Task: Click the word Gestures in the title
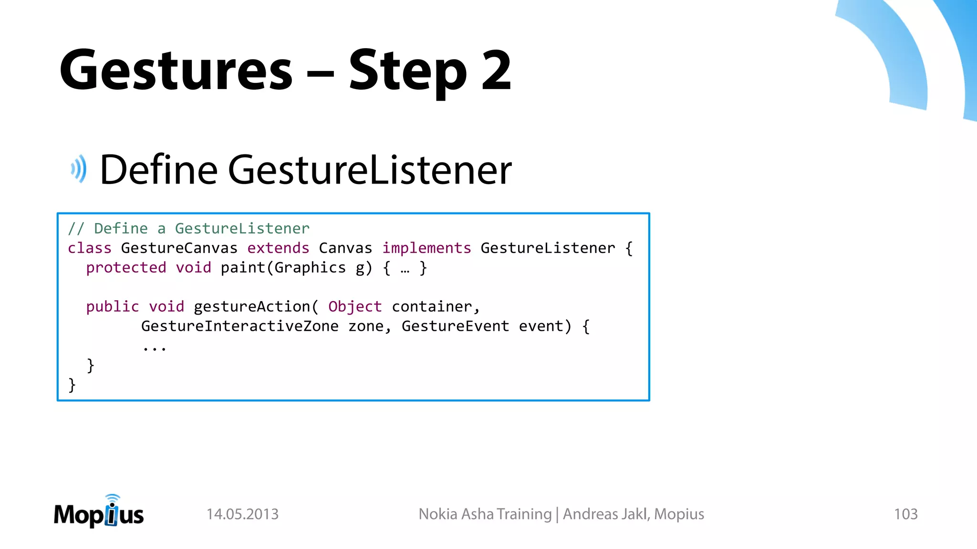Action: pos(176,71)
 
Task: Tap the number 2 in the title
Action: pos(496,71)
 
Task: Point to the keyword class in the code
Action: pos(89,248)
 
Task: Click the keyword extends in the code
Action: pos(278,248)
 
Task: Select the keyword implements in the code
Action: pos(426,248)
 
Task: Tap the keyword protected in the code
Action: pos(126,268)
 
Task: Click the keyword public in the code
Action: pos(112,306)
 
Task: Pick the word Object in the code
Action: pos(355,306)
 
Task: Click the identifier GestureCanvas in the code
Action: pos(179,248)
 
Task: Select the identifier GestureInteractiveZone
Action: pos(239,326)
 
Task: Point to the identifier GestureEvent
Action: pos(455,326)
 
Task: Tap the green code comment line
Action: pos(188,229)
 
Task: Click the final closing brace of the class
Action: pos(72,385)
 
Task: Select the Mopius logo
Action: pos(99,512)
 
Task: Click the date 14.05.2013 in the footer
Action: pos(242,514)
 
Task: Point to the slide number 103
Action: pos(905,514)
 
